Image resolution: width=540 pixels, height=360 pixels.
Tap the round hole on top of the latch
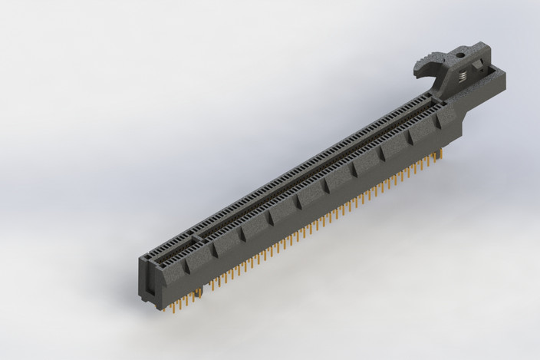click(460, 54)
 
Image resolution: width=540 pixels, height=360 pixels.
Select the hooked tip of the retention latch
click(419, 74)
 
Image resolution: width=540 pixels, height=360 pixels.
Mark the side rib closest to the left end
click(189, 266)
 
